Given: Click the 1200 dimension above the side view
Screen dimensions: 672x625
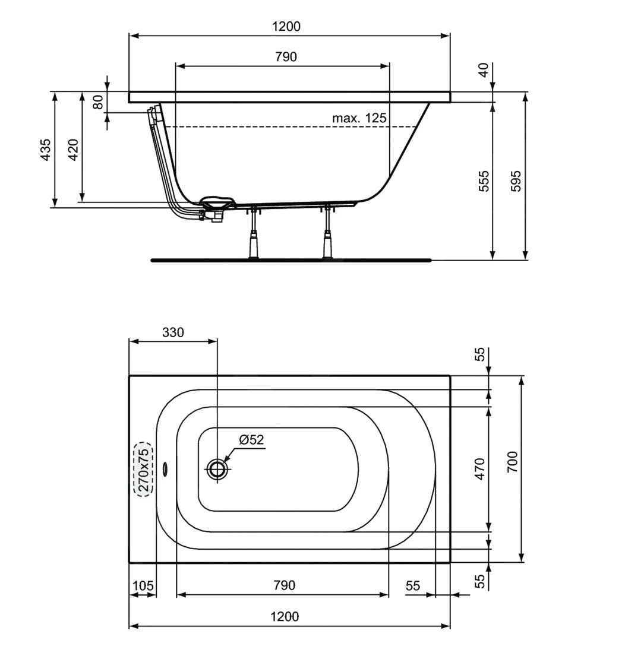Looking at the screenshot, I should (x=286, y=26).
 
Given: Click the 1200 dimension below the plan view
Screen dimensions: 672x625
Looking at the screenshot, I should (x=285, y=616).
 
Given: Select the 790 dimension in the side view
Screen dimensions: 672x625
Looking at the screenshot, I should (x=286, y=57).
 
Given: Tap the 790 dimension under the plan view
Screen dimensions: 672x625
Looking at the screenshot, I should (x=284, y=585).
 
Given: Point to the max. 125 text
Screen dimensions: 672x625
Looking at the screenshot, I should (x=359, y=118).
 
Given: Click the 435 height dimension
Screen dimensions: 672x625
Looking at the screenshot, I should (x=45, y=150).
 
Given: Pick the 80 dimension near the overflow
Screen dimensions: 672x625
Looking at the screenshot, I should (x=98, y=102).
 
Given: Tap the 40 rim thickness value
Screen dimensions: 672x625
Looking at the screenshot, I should (x=484, y=70).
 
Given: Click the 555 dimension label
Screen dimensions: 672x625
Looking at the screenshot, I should (x=484, y=180).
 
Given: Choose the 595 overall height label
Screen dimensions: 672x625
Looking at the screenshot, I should (x=516, y=180).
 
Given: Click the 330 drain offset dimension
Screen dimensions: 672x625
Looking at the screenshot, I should (x=173, y=332).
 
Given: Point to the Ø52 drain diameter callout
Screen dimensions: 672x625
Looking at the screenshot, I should (x=251, y=440).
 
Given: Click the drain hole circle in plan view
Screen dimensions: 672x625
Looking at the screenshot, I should (x=217, y=469).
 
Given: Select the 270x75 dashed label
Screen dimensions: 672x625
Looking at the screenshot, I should (x=143, y=469).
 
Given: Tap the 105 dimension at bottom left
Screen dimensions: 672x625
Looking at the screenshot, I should (x=143, y=586).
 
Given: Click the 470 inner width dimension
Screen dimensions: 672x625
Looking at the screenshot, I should (x=481, y=468).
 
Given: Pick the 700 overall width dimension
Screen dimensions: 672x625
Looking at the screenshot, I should (x=513, y=462).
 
